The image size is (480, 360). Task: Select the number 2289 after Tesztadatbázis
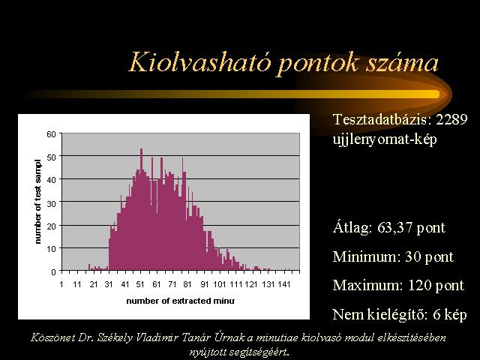click(451, 119)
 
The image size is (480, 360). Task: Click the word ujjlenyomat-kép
click(385, 140)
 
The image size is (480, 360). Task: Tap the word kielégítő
click(397, 315)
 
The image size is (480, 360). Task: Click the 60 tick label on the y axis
click(51, 134)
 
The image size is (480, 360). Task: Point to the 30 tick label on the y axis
click(51, 203)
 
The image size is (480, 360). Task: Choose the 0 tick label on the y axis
click(54, 271)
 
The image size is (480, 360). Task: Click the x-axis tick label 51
click(140, 285)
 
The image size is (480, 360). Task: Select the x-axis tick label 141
click(283, 285)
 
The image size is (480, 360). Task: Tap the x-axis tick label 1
click(61, 285)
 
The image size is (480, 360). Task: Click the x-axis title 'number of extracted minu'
click(181, 301)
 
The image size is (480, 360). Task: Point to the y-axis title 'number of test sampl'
click(37, 202)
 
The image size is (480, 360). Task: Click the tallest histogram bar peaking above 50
click(141, 209)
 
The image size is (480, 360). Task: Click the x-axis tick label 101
click(220, 285)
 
